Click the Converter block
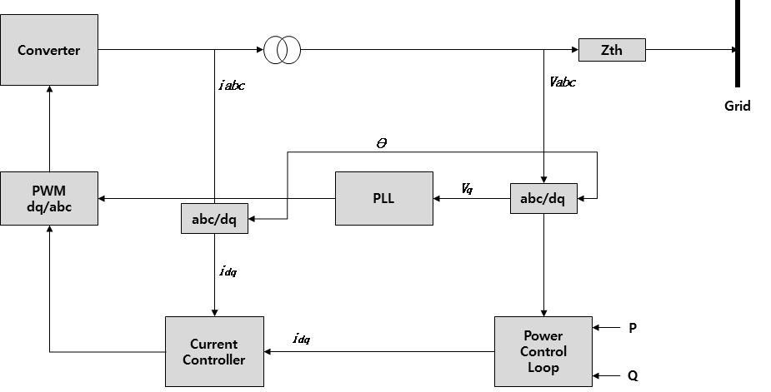pos(49,50)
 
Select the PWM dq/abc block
pos(49,198)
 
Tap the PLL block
pos(384,198)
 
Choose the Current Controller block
pos(214,351)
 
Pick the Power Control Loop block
pos(543,351)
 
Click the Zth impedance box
pos(612,50)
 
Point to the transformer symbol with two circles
pos(283,50)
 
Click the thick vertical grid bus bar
pos(737,43)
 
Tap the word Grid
pos(737,106)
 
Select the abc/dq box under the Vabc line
pos(543,198)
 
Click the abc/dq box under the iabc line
pos(214,219)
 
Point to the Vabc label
pos(563,82)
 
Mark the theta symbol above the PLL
pos(382,143)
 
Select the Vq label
pos(468,189)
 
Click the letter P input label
pos(633,328)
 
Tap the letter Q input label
pos(633,375)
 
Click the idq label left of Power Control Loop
pos(302,340)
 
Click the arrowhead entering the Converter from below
pos(49,90)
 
